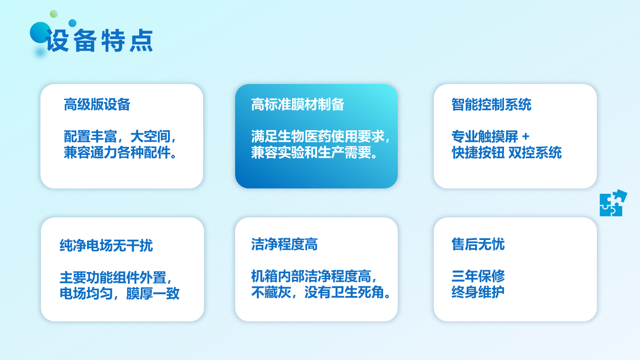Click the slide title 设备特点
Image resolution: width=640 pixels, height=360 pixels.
click(x=99, y=40)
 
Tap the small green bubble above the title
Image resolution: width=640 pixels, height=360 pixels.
click(x=54, y=14)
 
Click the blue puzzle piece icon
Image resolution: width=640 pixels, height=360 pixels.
click(x=613, y=203)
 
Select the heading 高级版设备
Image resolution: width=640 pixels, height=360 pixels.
click(x=97, y=104)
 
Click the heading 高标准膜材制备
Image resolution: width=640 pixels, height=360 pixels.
click(x=297, y=104)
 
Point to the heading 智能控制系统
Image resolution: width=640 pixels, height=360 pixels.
click(x=492, y=104)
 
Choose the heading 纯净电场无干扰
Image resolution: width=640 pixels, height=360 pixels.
click(x=106, y=245)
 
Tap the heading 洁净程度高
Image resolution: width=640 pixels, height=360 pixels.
click(x=284, y=244)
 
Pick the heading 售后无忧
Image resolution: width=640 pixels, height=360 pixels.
click(x=478, y=244)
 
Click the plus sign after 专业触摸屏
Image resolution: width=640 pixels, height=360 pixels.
click(x=525, y=136)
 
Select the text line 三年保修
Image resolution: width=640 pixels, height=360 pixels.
click(x=478, y=276)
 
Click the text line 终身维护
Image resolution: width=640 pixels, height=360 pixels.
click(x=478, y=292)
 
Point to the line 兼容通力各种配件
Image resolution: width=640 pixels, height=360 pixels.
click(x=120, y=152)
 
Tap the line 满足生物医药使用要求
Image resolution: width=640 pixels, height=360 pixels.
click(x=320, y=136)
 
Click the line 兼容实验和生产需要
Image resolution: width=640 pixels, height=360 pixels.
click(x=314, y=152)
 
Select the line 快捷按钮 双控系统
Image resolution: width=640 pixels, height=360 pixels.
click(x=507, y=152)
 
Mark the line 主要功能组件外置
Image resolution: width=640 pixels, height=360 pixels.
click(x=116, y=277)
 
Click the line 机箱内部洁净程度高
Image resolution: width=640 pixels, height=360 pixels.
click(x=314, y=276)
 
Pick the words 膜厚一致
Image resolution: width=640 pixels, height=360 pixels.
click(x=153, y=293)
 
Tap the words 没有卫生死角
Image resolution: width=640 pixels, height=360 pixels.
click(x=348, y=292)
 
